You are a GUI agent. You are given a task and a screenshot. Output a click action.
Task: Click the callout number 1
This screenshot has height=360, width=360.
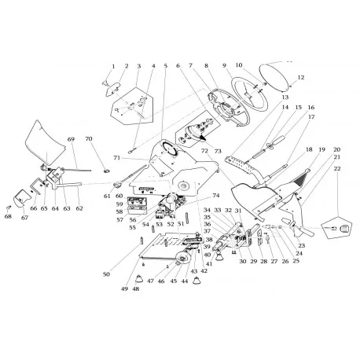[x=113, y=66]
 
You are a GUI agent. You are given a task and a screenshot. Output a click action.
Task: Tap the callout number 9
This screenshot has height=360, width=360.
[x=224, y=65]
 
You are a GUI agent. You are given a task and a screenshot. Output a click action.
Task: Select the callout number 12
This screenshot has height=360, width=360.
[x=299, y=77]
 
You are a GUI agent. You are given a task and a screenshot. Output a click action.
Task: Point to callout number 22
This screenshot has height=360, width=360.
[x=336, y=168]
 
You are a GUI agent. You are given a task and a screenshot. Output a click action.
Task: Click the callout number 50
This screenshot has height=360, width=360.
[x=106, y=274]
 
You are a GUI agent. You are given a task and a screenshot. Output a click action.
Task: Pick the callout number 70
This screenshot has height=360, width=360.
[x=88, y=139]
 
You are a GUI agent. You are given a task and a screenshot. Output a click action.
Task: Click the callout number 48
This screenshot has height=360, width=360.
[x=135, y=288]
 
